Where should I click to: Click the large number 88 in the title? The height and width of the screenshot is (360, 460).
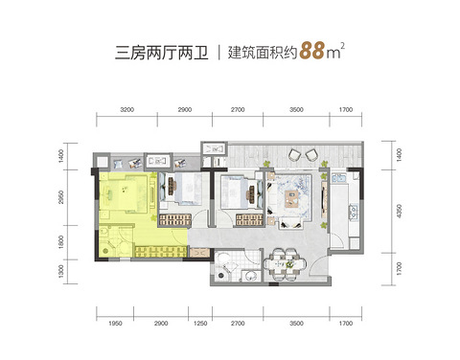(x=312, y=51)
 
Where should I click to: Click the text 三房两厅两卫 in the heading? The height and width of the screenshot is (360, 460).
(x=162, y=53)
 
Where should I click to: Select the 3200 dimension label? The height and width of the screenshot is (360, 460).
(x=126, y=109)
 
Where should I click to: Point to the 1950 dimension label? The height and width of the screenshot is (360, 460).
(x=115, y=324)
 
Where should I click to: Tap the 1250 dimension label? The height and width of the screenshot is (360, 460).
(x=200, y=324)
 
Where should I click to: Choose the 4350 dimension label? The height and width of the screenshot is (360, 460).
(x=399, y=212)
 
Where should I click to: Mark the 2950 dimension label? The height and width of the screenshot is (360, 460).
(x=61, y=197)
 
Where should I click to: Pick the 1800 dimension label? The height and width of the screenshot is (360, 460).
(x=61, y=242)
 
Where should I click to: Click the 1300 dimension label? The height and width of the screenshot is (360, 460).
(x=61, y=272)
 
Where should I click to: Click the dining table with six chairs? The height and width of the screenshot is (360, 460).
(x=285, y=264)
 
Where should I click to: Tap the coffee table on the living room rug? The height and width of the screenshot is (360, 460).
(x=291, y=198)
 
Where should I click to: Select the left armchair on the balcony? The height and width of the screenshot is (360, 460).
(x=294, y=155)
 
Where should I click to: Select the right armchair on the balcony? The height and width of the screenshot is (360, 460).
(x=312, y=155)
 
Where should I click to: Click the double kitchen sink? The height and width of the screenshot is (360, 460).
(x=339, y=178)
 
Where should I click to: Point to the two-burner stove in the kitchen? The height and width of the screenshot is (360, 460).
(x=354, y=212)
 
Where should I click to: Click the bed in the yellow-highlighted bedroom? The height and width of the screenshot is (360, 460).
(x=123, y=191)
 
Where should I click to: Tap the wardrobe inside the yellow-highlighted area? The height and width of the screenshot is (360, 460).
(x=160, y=252)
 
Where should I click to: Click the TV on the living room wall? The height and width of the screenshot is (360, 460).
(x=323, y=200)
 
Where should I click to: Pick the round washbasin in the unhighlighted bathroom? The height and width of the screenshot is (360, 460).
(x=249, y=277)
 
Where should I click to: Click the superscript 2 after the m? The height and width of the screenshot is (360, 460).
(x=343, y=46)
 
